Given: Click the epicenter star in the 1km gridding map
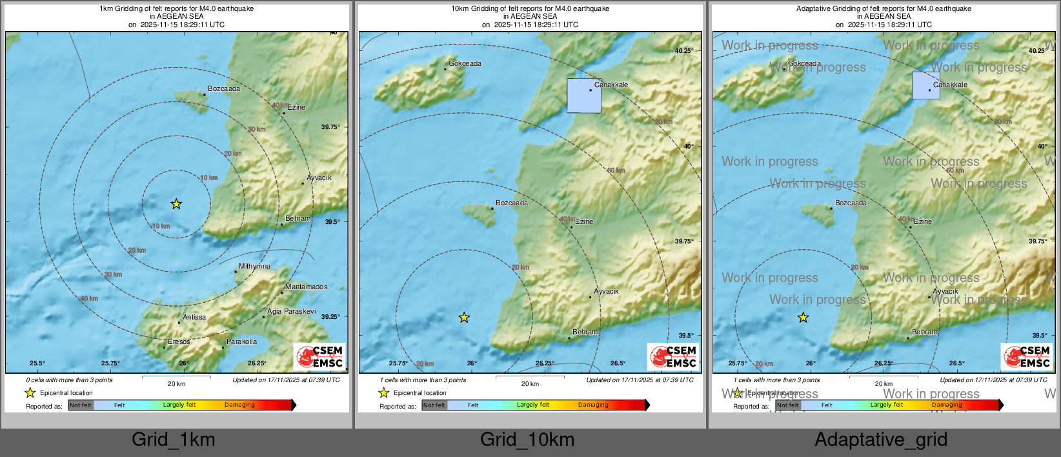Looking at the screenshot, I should (176, 204).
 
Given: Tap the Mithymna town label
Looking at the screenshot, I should (254, 266).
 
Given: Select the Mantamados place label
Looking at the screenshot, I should (306, 287).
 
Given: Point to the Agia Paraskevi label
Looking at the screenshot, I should (292, 311).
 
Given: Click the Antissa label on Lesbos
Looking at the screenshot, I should (194, 317).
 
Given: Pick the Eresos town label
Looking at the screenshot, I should (179, 341).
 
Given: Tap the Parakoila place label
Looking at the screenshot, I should (241, 341).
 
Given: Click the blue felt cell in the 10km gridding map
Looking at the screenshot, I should (584, 96).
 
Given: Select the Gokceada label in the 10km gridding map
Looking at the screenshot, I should (465, 63).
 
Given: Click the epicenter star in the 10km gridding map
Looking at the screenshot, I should (464, 318).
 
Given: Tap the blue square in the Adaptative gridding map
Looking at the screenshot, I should (925, 85).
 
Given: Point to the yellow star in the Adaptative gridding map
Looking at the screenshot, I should (803, 318).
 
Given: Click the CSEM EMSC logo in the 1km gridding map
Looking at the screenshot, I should (320, 356).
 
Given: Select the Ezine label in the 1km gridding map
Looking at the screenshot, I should (296, 107).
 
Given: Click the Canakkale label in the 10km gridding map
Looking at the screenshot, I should (611, 85).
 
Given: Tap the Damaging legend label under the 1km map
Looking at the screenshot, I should (239, 405).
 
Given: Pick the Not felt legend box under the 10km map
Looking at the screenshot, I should (434, 405).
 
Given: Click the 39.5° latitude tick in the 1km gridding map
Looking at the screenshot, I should (332, 221).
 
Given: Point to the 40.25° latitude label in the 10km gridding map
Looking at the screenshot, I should (684, 50).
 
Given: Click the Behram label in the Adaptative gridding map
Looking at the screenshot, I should (924, 332).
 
